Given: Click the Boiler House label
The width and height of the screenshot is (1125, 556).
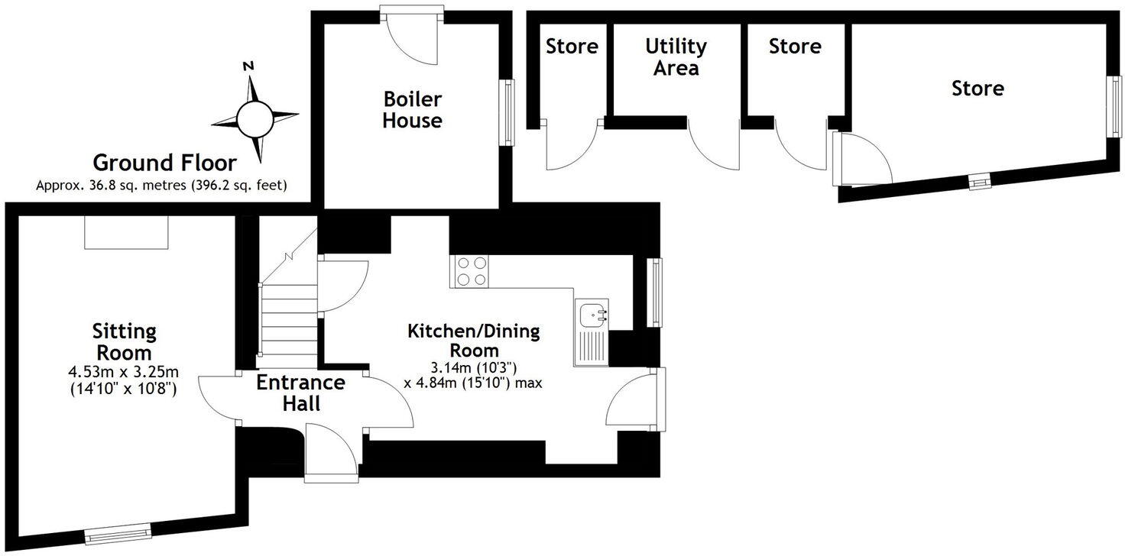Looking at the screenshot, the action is [413, 110].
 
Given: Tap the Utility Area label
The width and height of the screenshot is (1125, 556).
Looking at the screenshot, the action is [676, 57].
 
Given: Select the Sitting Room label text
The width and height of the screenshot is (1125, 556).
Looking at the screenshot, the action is [124, 341].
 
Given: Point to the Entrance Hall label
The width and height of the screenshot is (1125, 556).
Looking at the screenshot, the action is [301, 393].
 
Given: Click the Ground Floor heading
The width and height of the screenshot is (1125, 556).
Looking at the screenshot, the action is [165, 163].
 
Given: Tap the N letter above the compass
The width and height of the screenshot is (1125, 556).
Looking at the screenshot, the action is [248, 66].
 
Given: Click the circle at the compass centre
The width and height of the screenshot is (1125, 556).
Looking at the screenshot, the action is [255, 119].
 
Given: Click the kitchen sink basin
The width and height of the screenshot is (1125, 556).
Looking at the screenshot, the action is [592, 315].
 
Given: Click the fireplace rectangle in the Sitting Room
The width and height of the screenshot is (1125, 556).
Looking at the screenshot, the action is [126, 232].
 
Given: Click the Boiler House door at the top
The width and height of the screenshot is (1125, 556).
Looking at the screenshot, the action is [412, 35].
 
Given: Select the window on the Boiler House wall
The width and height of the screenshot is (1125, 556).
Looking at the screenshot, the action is [509, 112].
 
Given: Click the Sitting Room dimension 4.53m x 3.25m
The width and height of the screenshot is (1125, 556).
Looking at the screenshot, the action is [124, 373].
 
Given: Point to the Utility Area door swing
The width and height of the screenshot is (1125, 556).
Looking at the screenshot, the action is [714, 144].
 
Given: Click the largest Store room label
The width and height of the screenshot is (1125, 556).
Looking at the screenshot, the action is [977, 89].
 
